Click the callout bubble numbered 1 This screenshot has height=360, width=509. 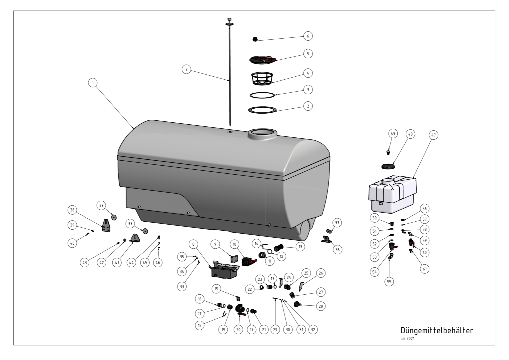(x=93, y=83)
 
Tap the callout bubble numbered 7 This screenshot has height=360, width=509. (x=186, y=69)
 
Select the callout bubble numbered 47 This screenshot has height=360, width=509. (x=434, y=135)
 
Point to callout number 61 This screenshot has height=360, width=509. (x=424, y=269)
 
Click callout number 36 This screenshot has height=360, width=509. (x=337, y=250)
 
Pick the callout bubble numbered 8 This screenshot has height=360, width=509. (x=194, y=244)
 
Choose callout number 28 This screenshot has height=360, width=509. (x=321, y=306)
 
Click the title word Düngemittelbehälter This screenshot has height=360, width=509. (x=437, y=330)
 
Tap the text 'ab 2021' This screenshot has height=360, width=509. (x=407, y=339)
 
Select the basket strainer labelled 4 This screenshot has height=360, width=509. (x=262, y=78)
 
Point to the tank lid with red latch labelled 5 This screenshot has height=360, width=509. (x=263, y=60)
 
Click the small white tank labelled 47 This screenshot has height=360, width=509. (x=393, y=194)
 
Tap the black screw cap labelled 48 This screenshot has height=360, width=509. (x=388, y=166)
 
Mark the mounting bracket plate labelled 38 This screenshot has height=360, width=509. (x=106, y=225)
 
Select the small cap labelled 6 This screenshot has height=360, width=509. (x=255, y=39)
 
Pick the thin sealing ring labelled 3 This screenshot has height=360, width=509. (x=262, y=95)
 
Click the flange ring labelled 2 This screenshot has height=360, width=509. (x=262, y=110)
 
